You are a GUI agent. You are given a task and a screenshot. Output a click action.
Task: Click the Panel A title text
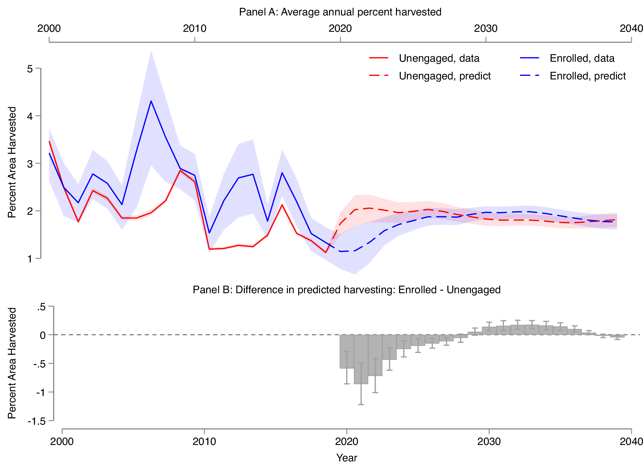[340, 12]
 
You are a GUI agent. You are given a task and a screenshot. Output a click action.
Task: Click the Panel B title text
[346, 290]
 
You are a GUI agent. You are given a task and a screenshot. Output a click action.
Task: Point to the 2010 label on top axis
[195, 29]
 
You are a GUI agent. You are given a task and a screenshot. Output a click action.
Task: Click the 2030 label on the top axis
[486, 29]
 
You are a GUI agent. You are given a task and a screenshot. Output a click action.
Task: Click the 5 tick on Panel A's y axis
[30, 68]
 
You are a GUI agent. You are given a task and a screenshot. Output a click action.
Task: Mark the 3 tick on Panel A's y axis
[30, 164]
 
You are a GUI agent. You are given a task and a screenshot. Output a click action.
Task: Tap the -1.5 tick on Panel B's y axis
[36, 421]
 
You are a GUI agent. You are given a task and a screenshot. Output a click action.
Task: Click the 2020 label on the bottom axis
[346, 441]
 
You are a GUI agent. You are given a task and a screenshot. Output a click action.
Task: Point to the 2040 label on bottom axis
[631, 441]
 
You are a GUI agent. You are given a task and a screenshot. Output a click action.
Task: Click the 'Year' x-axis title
[346, 458]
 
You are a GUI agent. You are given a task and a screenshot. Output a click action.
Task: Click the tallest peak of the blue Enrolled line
[151, 101]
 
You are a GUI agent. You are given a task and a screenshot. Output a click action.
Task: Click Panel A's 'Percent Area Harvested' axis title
[12, 162]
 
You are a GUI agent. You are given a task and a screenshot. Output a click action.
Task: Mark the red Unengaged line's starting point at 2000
[49, 141]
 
